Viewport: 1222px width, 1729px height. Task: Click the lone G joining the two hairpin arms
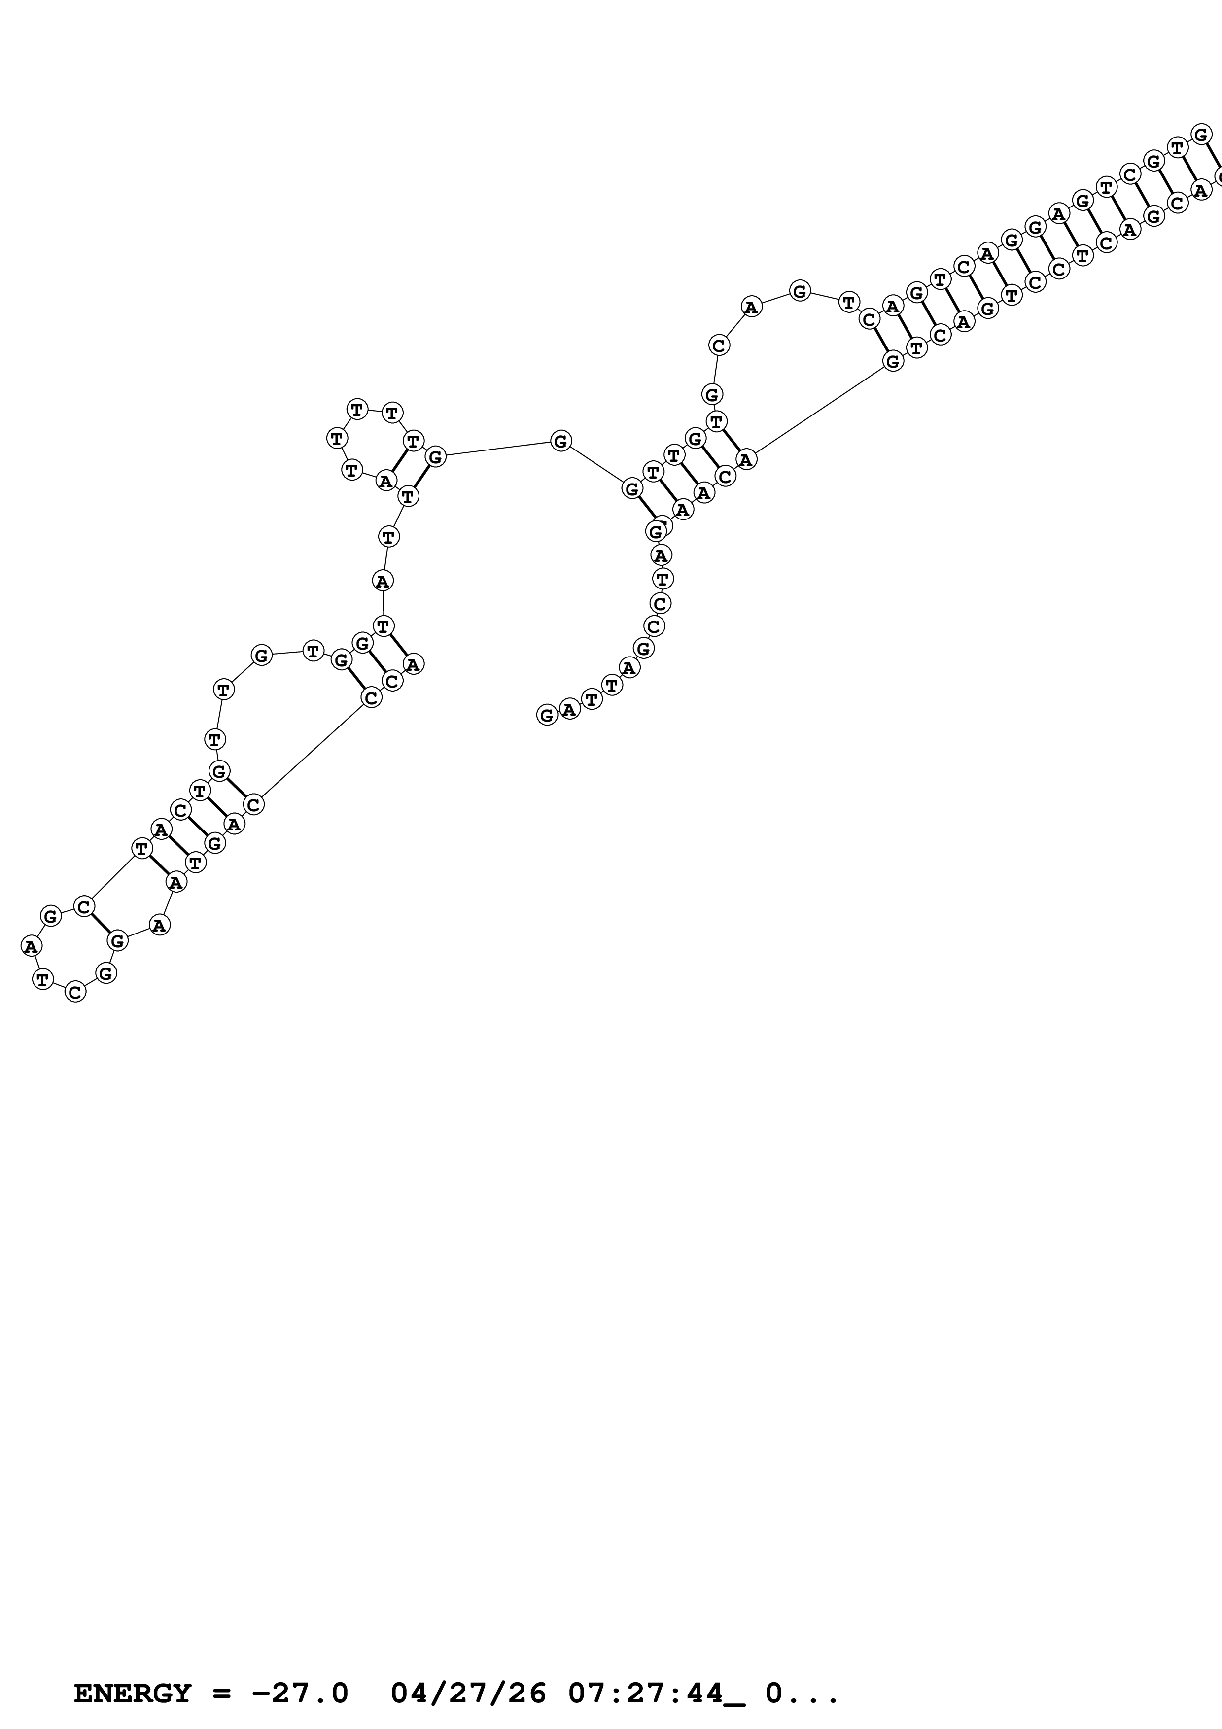pos(560,441)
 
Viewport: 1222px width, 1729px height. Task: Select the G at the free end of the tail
pos(547,715)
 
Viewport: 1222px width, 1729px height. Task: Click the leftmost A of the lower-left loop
pos(30,946)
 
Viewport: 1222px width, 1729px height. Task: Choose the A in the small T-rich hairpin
pos(385,481)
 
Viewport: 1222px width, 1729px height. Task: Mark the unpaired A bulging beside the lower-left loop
pos(158,924)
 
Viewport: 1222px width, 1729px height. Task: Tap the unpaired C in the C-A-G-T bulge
pos(719,345)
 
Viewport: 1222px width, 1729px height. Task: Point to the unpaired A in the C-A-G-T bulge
pos(751,307)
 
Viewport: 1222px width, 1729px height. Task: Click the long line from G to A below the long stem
pos(819,411)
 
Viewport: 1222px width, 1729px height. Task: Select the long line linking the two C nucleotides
pos(313,752)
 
